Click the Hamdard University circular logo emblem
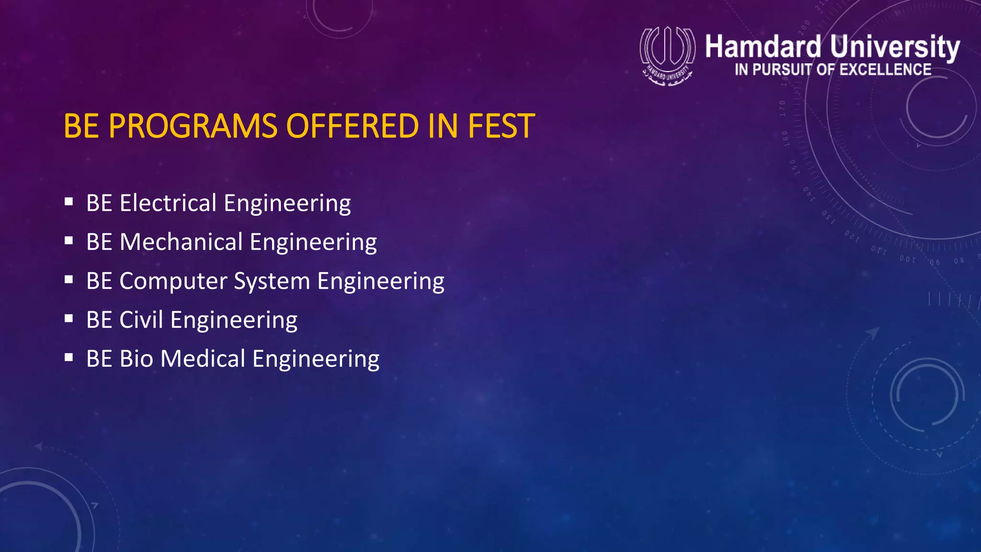[667, 55]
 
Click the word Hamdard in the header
[763, 47]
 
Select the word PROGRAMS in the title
[193, 126]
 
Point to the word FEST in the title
[501, 126]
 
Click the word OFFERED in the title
[352, 126]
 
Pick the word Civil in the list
[141, 320]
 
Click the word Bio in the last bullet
[136, 358]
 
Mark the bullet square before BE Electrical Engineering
[69, 202]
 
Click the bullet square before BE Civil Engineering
[69, 318]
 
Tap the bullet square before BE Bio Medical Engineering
[69, 357]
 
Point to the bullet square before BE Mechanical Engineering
[69, 241]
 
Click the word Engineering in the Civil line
[234, 321]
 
